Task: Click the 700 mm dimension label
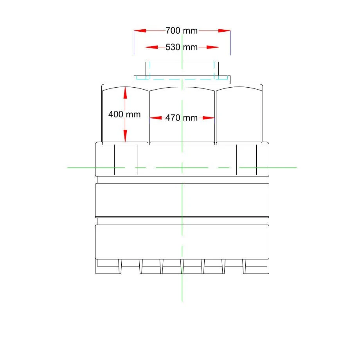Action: click(x=182, y=31)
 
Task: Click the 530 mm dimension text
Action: click(x=182, y=47)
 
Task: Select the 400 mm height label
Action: click(x=124, y=115)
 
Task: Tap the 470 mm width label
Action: click(x=182, y=117)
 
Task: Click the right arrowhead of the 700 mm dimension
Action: click(x=225, y=31)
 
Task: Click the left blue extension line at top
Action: click(x=134, y=43)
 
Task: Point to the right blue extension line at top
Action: click(x=230, y=43)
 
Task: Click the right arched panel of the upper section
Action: click(x=239, y=115)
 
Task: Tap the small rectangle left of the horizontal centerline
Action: click(x=126, y=160)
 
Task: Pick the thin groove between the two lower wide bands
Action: click(x=182, y=221)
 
